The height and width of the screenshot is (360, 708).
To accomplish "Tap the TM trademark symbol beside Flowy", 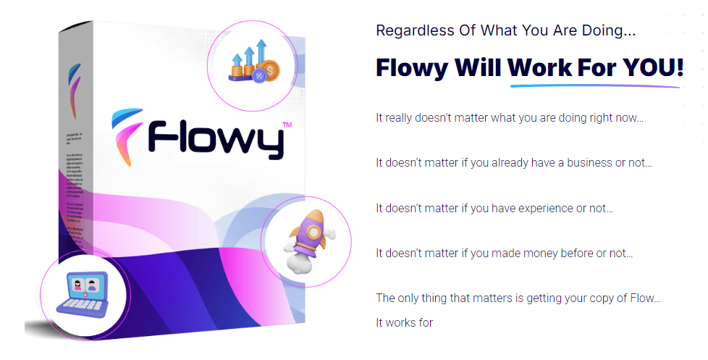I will coord(286,125).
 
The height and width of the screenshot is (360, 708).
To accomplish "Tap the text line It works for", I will coord(404,322).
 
